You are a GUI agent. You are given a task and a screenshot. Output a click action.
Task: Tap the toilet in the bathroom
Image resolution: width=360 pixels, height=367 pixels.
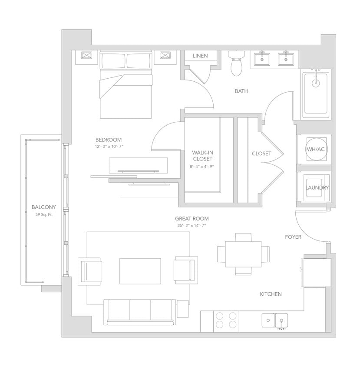(236, 64)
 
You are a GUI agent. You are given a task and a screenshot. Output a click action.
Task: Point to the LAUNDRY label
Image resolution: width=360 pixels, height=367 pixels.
(317, 188)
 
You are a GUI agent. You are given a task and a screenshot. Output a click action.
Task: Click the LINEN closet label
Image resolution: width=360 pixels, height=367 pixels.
(200, 56)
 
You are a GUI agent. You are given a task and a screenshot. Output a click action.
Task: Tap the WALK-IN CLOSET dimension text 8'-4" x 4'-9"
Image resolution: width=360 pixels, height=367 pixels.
(201, 167)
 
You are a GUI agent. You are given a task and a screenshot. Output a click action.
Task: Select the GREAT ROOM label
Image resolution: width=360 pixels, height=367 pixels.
(192, 219)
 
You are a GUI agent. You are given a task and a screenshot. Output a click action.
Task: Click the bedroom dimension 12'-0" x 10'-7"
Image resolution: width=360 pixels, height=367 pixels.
(109, 147)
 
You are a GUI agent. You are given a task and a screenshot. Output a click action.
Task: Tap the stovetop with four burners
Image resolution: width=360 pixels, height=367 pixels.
(227, 321)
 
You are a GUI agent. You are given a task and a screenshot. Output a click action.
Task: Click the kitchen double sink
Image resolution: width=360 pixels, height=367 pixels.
(275, 321)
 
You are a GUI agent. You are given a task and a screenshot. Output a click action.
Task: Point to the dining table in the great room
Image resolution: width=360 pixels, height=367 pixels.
(243, 254)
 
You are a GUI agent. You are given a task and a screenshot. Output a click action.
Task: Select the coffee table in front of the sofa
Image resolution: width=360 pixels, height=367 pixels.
(140, 271)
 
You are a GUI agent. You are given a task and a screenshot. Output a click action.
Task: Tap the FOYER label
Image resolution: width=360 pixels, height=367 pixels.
(293, 237)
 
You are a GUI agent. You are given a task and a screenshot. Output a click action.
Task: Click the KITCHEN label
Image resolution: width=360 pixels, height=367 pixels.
(271, 294)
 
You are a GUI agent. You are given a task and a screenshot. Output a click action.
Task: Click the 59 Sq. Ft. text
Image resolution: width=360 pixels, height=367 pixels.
(43, 214)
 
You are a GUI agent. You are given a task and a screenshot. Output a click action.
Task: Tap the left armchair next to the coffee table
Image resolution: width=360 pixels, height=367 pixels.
(90, 271)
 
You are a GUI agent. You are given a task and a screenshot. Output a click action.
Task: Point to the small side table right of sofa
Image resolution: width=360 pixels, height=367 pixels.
(183, 308)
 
